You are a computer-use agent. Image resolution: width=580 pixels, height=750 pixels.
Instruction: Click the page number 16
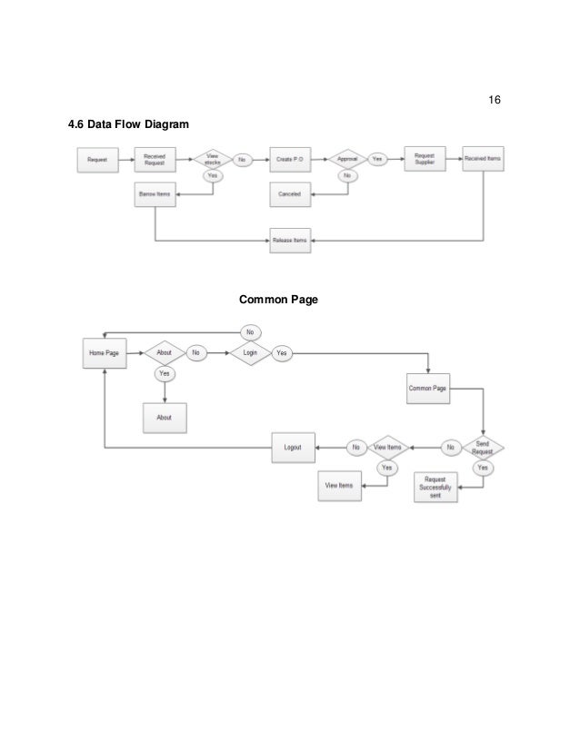[x=495, y=99]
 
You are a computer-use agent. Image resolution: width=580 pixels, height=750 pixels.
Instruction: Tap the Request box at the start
[x=97, y=160]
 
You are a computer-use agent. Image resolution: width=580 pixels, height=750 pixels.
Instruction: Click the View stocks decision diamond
[x=212, y=159]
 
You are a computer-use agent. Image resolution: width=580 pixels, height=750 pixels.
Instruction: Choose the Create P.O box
[x=291, y=160]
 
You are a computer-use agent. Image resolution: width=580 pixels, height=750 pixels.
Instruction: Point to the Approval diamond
[x=347, y=159]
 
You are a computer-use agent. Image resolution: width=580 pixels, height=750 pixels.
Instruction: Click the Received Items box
[x=482, y=159]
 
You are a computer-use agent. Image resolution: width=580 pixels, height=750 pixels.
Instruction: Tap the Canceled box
[x=290, y=193]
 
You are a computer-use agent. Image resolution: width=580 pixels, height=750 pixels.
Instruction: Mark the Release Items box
[x=290, y=241]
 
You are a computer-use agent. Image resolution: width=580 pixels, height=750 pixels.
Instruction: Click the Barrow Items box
[x=155, y=192]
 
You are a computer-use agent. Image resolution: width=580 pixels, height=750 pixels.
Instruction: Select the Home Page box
[x=105, y=353]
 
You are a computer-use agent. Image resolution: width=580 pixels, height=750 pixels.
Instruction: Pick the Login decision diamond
[x=251, y=352]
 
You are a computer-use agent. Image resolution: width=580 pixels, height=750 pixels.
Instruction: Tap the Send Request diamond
[x=482, y=447]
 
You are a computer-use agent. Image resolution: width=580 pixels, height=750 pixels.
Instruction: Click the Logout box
[x=293, y=447]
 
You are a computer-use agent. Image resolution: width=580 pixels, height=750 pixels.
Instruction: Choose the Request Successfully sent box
[x=436, y=488]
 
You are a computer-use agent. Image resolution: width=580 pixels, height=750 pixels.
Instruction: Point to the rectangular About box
[x=165, y=417]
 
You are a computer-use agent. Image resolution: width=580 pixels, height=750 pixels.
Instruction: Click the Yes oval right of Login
[x=282, y=352]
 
